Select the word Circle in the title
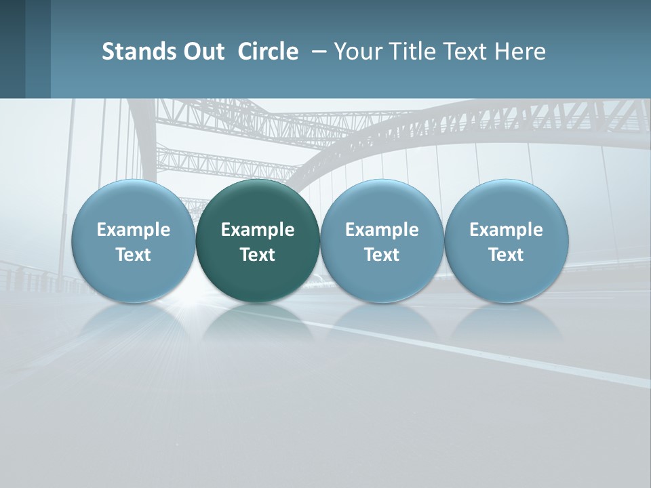click(268, 52)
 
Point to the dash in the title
click(316, 52)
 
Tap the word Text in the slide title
click(465, 52)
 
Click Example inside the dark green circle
click(258, 230)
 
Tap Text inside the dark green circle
click(258, 255)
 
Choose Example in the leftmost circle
click(134, 230)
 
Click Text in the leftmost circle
click(134, 255)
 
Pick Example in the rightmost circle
click(506, 230)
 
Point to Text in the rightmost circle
click(506, 255)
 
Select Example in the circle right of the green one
click(382, 230)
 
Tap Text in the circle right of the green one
click(382, 255)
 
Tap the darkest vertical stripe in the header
click(12, 49)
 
